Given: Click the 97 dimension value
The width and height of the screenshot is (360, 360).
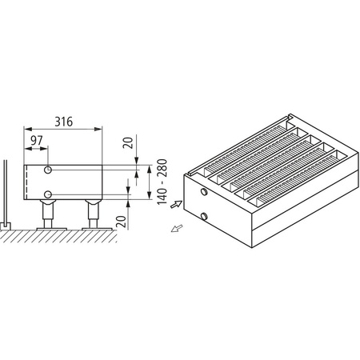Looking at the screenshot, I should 36,142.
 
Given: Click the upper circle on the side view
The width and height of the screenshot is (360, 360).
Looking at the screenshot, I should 48,171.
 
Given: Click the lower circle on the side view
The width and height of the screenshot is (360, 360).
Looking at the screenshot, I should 48,194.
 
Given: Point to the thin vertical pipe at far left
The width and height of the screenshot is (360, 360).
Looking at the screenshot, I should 6,192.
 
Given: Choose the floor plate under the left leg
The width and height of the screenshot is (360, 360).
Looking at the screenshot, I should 50,229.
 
